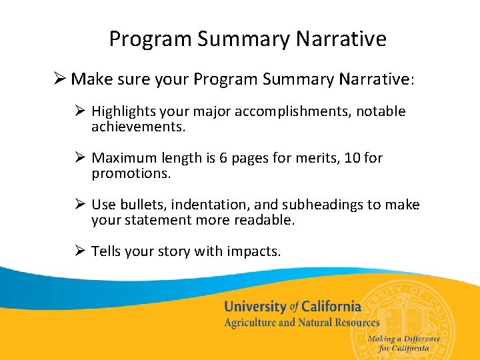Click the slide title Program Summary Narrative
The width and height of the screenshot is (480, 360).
247,39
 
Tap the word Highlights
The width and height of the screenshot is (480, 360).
121,111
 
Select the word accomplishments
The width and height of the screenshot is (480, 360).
299,111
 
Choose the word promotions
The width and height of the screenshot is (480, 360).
131,173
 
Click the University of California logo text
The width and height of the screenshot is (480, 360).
292,307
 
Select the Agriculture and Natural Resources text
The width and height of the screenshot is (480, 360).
301,323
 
